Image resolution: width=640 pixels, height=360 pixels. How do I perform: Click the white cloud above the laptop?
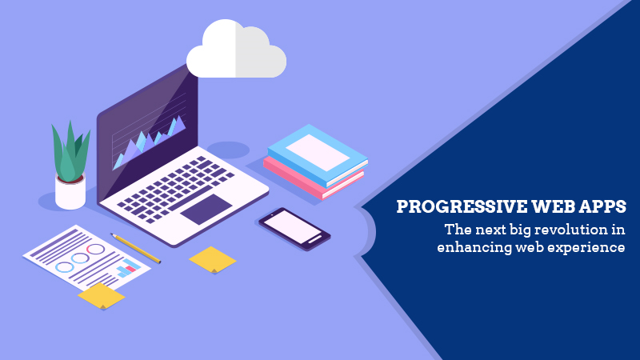[236, 49]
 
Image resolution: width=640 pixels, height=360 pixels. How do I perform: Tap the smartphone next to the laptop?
[294, 229]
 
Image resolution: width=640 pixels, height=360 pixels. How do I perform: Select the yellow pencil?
[135, 248]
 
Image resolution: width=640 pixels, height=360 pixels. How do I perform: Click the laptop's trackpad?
[206, 209]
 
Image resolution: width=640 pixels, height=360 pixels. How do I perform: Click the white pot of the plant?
[70, 192]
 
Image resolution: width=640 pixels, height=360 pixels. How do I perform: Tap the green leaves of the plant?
[70, 152]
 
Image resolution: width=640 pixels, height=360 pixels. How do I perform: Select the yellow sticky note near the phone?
[212, 259]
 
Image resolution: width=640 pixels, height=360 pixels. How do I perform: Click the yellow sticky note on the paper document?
[102, 296]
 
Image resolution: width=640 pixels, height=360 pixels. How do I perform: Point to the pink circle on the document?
[95, 249]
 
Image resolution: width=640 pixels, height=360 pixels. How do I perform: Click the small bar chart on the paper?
[128, 268]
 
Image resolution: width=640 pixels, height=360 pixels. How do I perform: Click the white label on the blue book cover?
[318, 153]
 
